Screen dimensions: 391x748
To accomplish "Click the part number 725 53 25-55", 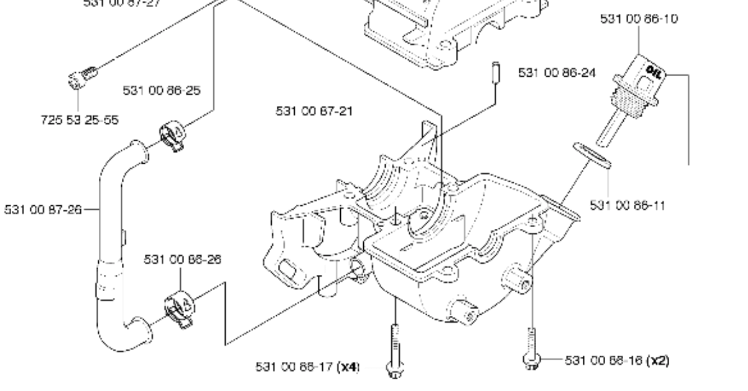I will (x=79, y=120).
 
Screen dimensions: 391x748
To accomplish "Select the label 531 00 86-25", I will (x=162, y=91).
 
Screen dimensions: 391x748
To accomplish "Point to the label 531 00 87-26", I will (x=43, y=209).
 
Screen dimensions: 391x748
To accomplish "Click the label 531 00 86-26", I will (x=182, y=259).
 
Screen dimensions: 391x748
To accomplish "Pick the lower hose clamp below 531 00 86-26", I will (x=179, y=309).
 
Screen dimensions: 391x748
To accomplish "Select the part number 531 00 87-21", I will (x=314, y=111).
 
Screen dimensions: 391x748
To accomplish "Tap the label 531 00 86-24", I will (x=557, y=73).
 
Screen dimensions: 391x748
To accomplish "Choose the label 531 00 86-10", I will (x=639, y=19).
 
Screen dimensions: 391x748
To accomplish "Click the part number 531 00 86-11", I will (x=628, y=205).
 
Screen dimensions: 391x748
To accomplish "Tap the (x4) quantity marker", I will (x=350, y=366).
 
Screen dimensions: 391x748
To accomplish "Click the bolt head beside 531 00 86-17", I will (x=394, y=369).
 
